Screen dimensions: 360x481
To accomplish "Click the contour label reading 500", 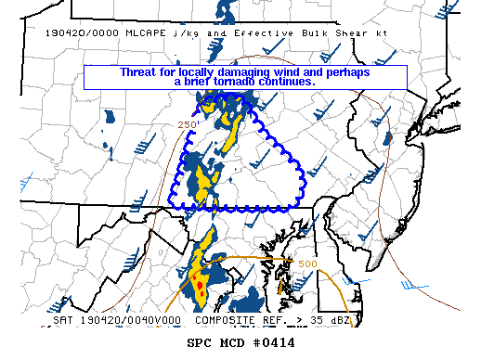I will coord(308,264).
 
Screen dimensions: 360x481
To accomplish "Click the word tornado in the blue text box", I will coord(233,82).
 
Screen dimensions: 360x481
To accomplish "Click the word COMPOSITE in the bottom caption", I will coord(226,320).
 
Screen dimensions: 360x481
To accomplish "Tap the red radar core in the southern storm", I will coord(195,278).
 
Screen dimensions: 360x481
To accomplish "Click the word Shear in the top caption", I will coord(347,32).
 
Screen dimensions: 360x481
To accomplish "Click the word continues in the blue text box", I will coord(288,82).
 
